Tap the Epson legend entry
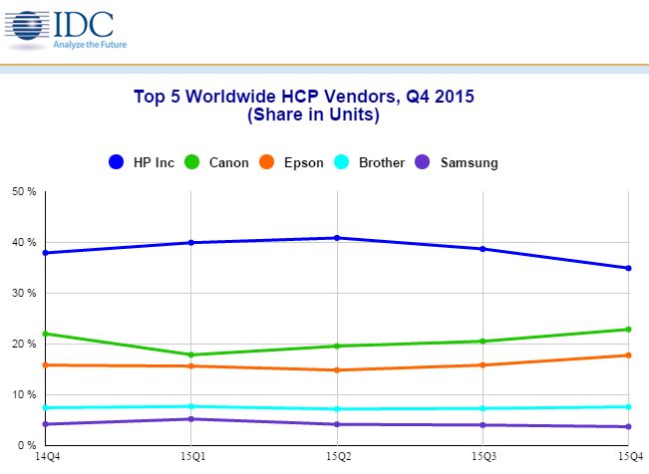tap(292, 162)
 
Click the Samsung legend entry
tap(459, 162)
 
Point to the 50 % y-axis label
tap(23, 191)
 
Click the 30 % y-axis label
tap(23, 293)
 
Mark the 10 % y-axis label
tap(23, 394)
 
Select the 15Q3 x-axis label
tap(483, 457)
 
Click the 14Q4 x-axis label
tap(45, 457)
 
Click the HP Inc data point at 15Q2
tap(337, 238)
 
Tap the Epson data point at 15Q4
tap(628, 355)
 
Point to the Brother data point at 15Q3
tap(483, 408)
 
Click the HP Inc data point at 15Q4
tap(628, 268)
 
